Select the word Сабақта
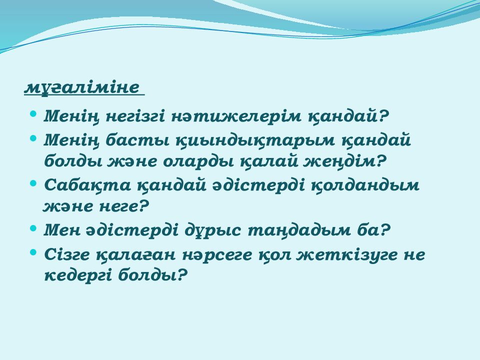pyautogui.click(x=87, y=185)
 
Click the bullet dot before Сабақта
pyautogui.click(x=33, y=183)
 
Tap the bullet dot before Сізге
pyautogui.click(x=33, y=252)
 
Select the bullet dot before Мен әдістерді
pyautogui.click(x=33, y=228)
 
